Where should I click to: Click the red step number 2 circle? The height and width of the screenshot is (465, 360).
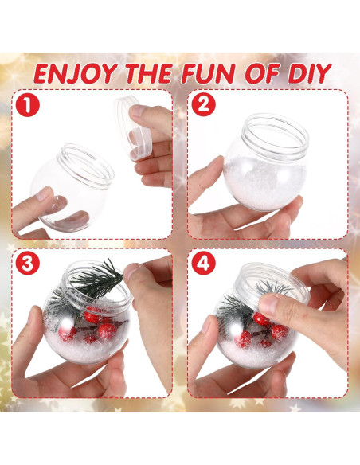click(x=203, y=104)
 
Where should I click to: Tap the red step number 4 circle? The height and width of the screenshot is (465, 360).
click(x=203, y=264)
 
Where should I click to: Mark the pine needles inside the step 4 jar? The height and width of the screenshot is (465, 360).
click(x=235, y=307)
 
